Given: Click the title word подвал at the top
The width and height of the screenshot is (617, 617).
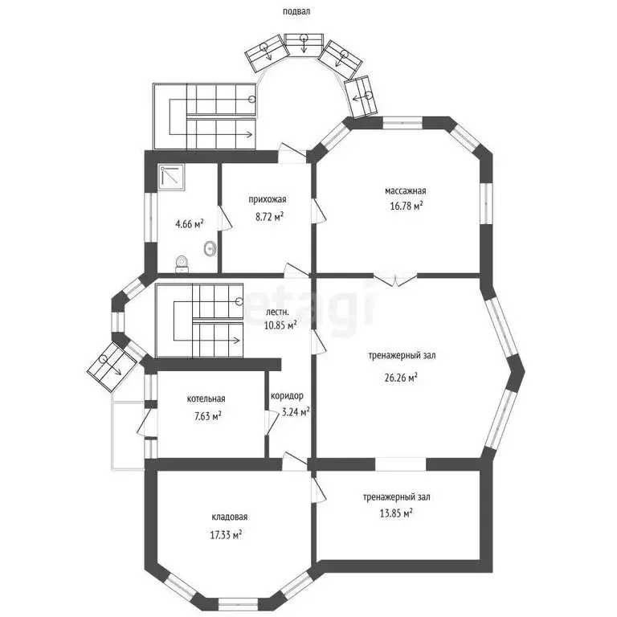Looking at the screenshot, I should click(296, 12).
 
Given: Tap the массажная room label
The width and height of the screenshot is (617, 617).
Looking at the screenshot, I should click(405, 191).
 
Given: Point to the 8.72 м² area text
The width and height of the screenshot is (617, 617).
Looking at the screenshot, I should click(269, 216).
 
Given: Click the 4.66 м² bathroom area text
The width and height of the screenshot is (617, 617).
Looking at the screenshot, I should click(190, 223).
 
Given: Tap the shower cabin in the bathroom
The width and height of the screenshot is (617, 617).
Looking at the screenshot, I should click(172, 178).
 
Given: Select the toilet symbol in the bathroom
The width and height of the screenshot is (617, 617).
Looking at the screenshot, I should click(183, 262).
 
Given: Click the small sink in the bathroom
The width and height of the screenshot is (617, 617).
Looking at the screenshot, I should click(210, 248).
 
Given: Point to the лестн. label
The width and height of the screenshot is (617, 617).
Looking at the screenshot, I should click(277, 312).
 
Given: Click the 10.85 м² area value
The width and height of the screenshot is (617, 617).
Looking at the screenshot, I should click(280, 325).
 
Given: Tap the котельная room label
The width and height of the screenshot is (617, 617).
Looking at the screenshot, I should click(206, 398).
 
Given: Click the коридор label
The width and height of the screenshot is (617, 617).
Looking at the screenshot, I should click(287, 396).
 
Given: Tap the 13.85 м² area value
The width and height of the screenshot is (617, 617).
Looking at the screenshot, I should click(396, 512).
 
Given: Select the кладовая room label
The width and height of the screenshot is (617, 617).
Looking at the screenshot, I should click(230, 517).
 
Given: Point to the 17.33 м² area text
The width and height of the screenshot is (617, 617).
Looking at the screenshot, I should click(227, 533).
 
